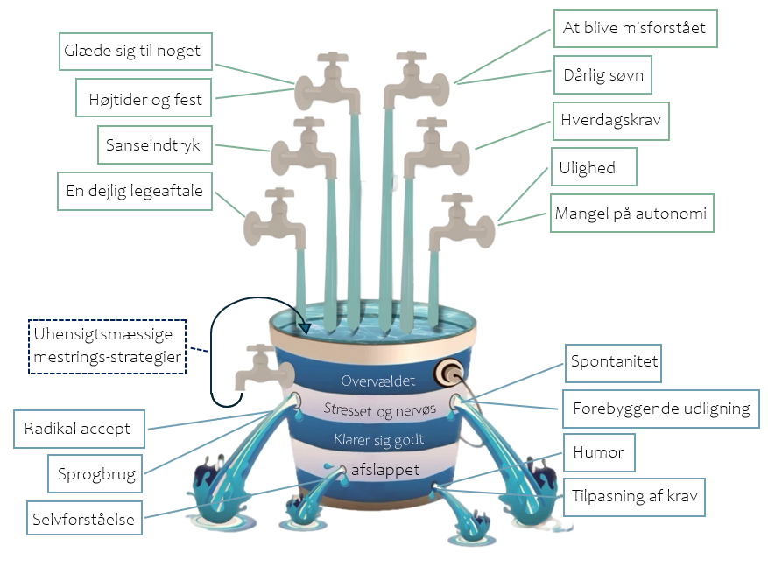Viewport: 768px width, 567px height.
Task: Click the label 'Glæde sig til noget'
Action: (135, 52)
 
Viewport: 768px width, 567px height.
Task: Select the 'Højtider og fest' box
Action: (144, 97)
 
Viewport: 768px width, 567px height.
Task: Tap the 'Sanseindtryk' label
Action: (155, 144)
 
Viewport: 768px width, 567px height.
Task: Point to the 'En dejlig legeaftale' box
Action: (135, 191)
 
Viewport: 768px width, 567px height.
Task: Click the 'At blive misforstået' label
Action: (635, 28)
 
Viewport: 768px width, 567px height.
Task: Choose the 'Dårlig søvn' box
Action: (602, 75)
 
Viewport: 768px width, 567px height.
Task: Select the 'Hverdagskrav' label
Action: (610, 121)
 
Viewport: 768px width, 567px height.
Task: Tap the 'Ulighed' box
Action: (594, 167)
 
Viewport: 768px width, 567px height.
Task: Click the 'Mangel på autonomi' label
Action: (632, 213)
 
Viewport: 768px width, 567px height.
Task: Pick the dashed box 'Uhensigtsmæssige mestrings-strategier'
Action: (107, 346)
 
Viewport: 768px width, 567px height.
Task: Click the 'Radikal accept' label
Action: (79, 429)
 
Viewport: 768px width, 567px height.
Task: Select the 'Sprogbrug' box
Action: (95, 473)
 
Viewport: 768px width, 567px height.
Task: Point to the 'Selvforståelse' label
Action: (84, 518)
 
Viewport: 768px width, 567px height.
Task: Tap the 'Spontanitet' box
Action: (613, 363)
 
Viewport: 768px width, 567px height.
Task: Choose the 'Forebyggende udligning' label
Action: (661, 409)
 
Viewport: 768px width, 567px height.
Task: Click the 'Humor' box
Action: (599, 452)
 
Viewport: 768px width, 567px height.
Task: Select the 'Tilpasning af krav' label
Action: (634, 497)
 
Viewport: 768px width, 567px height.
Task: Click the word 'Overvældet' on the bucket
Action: (377, 381)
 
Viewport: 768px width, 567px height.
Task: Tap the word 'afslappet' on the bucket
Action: (385, 470)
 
